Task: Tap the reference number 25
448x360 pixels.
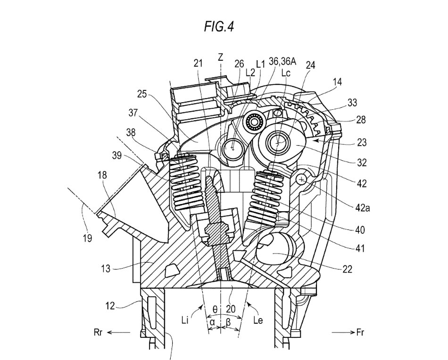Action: tap(142, 94)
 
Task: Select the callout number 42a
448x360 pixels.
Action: tap(363, 207)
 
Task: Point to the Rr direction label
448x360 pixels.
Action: tap(98, 332)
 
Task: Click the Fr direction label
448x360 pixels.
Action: tap(360, 332)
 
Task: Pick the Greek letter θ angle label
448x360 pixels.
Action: tap(215, 309)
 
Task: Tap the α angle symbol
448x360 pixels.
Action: tap(212, 322)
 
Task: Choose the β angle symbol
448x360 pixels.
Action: tap(228, 322)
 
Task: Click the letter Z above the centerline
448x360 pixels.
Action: tap(220, 57)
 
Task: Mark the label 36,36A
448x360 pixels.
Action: tap(282, 61)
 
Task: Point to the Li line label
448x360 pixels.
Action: tap(185, 320)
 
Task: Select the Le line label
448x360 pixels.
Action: tap(258, 320)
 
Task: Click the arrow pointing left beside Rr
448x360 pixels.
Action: tap(118, 332)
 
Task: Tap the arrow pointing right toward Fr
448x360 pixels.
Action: tap(343, 332)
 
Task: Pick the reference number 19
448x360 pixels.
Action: tap(87, 238)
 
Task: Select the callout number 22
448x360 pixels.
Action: tap(347, 269)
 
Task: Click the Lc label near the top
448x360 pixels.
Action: tap(286, 73)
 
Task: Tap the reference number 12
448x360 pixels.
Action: tap(110, 306)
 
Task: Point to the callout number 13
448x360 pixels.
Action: tap(106, 269)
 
